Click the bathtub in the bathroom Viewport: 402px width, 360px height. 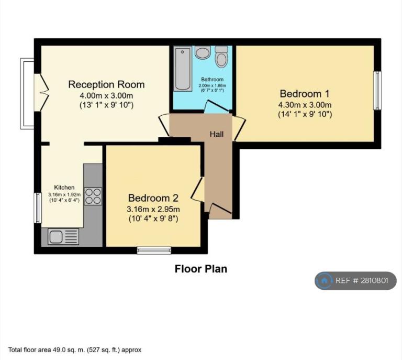click(x=183, y=69)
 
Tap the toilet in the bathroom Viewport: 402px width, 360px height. click(x=221, y=57)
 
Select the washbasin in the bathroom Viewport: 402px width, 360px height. click(x=203, y=52)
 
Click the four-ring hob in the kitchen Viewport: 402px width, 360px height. click(x=93, y=197)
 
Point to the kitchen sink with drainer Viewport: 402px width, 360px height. click(x=63, y=236)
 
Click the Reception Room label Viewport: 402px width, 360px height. click(x=106, y=84)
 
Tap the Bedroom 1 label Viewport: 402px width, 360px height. click(x=305, y=94)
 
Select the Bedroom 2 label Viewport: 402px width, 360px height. click(x=153, y=198)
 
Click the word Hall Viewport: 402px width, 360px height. click(x=217, y=134)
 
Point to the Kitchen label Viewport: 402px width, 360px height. click(x=64, y=187)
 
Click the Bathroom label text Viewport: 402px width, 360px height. click(x=212, y=79)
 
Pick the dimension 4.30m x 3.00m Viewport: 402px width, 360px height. click(x=305, y=105)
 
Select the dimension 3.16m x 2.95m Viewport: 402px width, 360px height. click(x=153, y=209)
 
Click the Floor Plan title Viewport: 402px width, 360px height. click(x=201, y=269)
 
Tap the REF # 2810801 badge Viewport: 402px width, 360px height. click(x=355, y=280)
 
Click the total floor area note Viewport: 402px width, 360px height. click(x=75, y=350)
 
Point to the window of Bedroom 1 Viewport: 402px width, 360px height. click(x=377, y=90)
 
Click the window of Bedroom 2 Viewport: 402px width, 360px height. click(x=154, y=250)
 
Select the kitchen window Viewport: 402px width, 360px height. click(x=38, y=208)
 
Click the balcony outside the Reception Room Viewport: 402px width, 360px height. click(x=27, y=93)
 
